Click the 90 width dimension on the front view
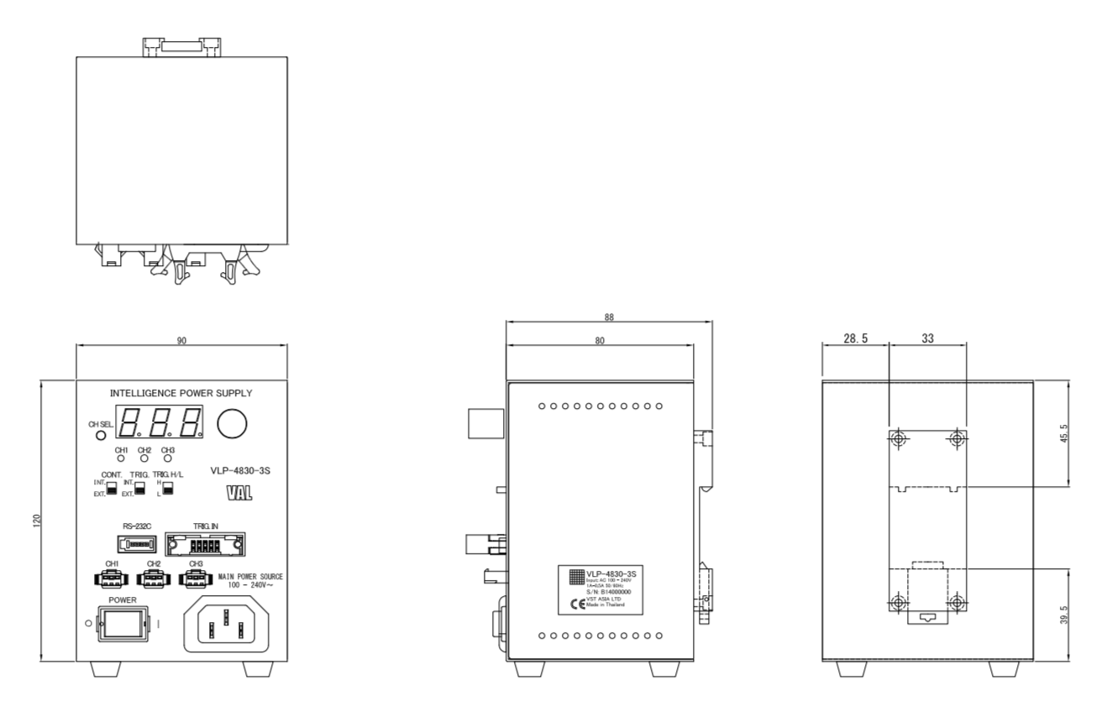181,341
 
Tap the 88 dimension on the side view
609,319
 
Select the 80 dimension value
600,341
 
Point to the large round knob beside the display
233,425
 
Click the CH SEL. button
102,436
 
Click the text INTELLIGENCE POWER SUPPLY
181,393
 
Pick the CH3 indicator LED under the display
167,459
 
